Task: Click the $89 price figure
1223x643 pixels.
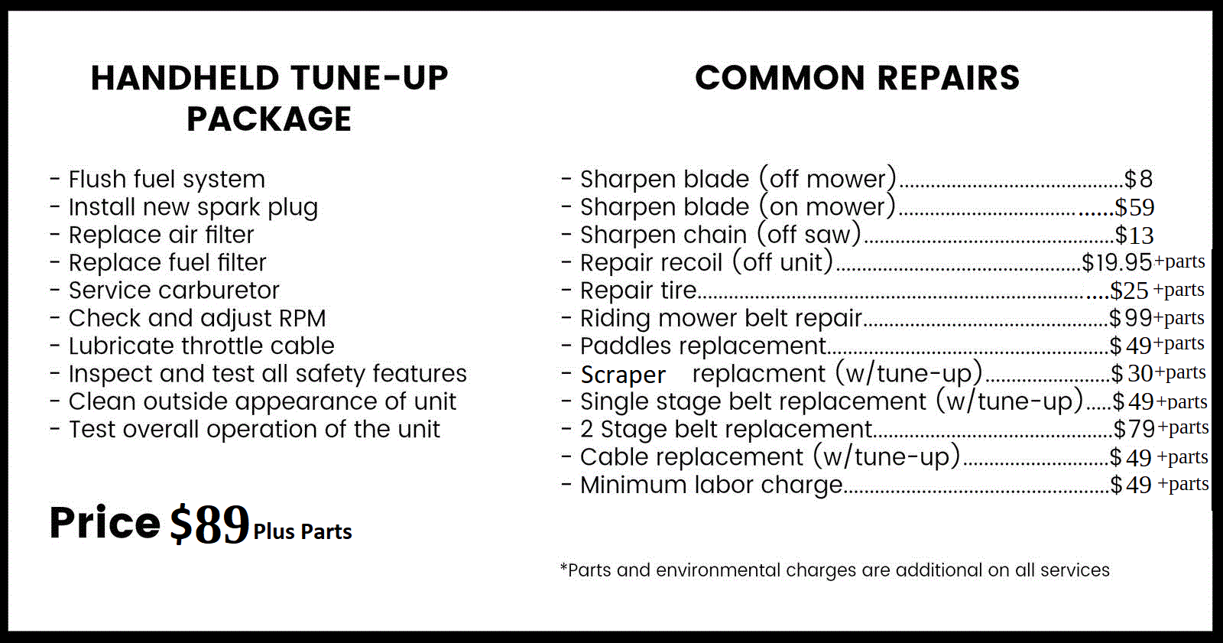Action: pos(209,524)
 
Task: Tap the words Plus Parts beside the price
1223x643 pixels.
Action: pos(303,531)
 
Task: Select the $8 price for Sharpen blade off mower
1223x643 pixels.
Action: pos(1138,179)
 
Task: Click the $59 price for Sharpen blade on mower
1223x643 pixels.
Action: pos(1134,208)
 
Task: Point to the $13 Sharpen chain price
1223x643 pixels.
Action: pos(1134,235)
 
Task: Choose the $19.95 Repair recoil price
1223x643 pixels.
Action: pos(1117,263)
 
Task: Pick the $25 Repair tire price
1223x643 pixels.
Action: pos(1129,291)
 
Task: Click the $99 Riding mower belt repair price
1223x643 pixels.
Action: pos(1131,318)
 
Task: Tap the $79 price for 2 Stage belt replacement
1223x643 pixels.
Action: pos(1134,430)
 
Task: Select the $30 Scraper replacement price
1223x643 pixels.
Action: pos(1131,374)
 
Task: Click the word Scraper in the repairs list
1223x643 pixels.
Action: pos(623,375)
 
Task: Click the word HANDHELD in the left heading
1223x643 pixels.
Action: pos(185,78)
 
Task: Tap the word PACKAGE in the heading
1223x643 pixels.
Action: pos(269,119)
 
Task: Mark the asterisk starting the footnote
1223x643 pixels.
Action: pos(563,567)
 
